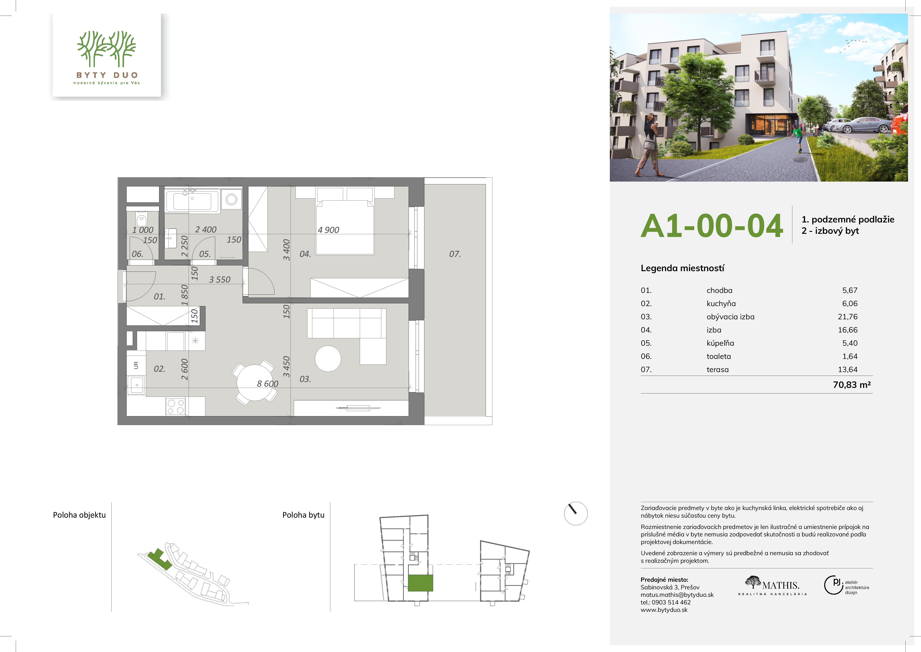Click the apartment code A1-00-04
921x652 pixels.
(712, 226)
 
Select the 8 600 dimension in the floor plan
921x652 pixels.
(268, 384)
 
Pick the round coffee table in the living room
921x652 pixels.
(328, 359)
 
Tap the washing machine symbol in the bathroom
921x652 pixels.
(232, 199)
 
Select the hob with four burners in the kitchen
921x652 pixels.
(176, 406)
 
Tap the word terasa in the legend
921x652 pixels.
(718, 370)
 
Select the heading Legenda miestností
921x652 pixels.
(682, 268)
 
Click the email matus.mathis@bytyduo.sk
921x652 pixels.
(677, 595)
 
